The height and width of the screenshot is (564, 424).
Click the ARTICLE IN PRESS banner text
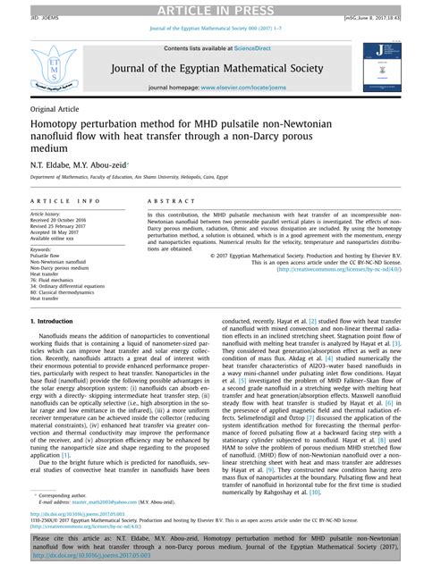point(211,9)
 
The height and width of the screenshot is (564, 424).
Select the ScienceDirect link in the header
point(239,47)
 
